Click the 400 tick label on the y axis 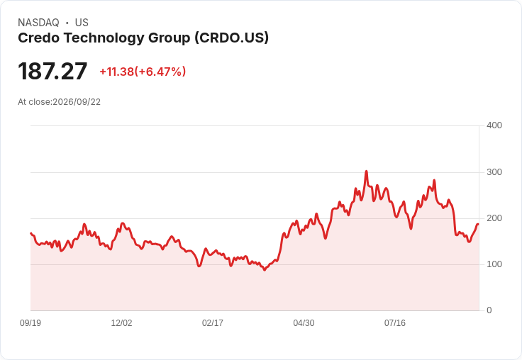[494, 125]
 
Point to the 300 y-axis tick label [494, 172]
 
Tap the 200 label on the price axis [494, 218]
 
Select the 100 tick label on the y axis [494, 264]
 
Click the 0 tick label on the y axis [489, 310]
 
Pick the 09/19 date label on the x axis [30, 323]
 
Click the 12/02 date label [121, 323]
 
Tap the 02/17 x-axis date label [212, 323]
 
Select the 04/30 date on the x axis [304, 323]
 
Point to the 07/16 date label [395, 323]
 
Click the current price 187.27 [52, 71]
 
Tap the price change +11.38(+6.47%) [143, 72]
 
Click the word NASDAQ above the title [38, 23]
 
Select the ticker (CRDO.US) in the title [232, 38]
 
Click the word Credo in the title [39, 38]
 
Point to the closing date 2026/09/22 [77, 102]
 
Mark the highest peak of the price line [366, 171]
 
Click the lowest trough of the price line [265, 270]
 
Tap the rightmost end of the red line [478, 224]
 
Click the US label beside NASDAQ [82, 23]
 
